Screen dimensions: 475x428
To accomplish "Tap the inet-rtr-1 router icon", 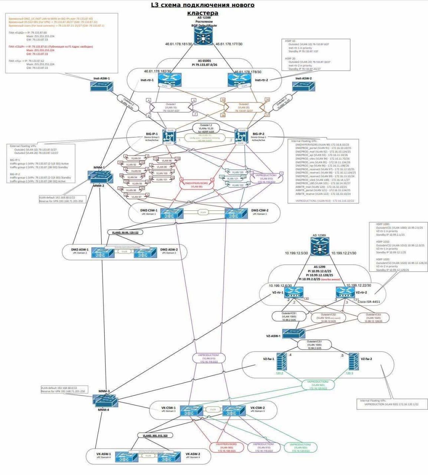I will click(x=169, y=79).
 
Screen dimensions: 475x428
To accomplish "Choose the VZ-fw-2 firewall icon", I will click(x=354, y=361).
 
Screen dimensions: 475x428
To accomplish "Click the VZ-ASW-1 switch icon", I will click(x=293, y=334).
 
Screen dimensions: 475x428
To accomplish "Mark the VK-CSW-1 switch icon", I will click(x=191, y=411).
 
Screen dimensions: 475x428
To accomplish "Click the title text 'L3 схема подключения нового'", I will click(x=203, y=5).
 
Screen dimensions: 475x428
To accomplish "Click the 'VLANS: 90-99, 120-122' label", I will click(x=125, y=232).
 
